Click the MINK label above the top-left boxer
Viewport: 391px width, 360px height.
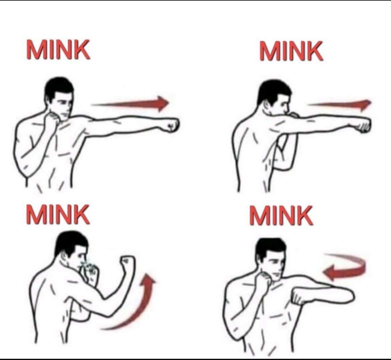[x=58, y=49]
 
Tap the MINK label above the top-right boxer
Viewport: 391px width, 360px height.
[x=291, y=51]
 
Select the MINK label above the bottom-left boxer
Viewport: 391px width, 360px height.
[x=58, y=214]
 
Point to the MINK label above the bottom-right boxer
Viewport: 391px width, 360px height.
[x=281, y=215]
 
